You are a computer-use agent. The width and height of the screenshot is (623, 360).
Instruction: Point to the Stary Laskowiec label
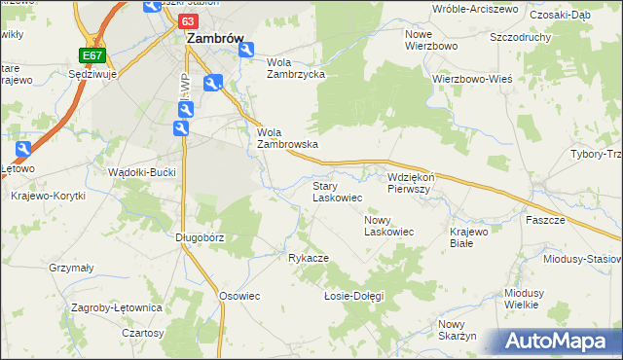[338, 191]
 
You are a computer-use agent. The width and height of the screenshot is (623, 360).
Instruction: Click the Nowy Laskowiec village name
[389, 226]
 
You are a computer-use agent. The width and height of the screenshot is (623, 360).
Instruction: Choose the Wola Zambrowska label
[288, 138]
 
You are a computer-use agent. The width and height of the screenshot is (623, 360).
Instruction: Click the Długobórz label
[200, 236]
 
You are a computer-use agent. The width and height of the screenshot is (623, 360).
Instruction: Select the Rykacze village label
[308, 258]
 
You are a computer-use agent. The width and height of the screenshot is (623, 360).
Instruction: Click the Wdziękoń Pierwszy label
[416, 184]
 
